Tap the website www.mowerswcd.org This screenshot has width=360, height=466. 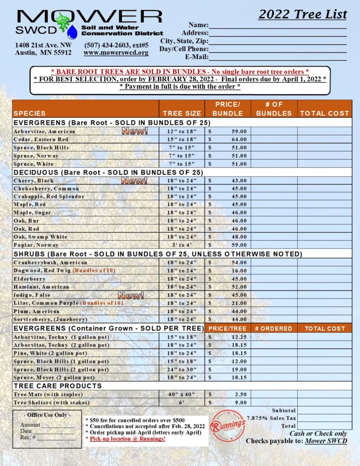click(116, 53)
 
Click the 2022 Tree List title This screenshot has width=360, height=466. click(302, 14)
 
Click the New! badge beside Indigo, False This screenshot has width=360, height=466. click(131, 295)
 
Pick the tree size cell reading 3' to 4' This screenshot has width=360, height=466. click(182, 245)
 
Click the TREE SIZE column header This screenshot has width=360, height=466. click(182, 113)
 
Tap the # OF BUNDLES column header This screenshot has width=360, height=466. click(274, 109)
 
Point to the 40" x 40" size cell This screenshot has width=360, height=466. click(182, 394)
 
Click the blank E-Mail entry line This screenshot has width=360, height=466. click(278, 57)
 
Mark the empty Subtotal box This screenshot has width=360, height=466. click(325, 410)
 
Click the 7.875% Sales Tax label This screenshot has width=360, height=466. click(271, 418)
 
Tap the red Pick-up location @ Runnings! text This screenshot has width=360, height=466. click(127, 439)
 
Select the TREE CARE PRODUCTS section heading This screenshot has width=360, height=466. click(58, 386)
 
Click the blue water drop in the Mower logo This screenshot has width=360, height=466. click(72, 32)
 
